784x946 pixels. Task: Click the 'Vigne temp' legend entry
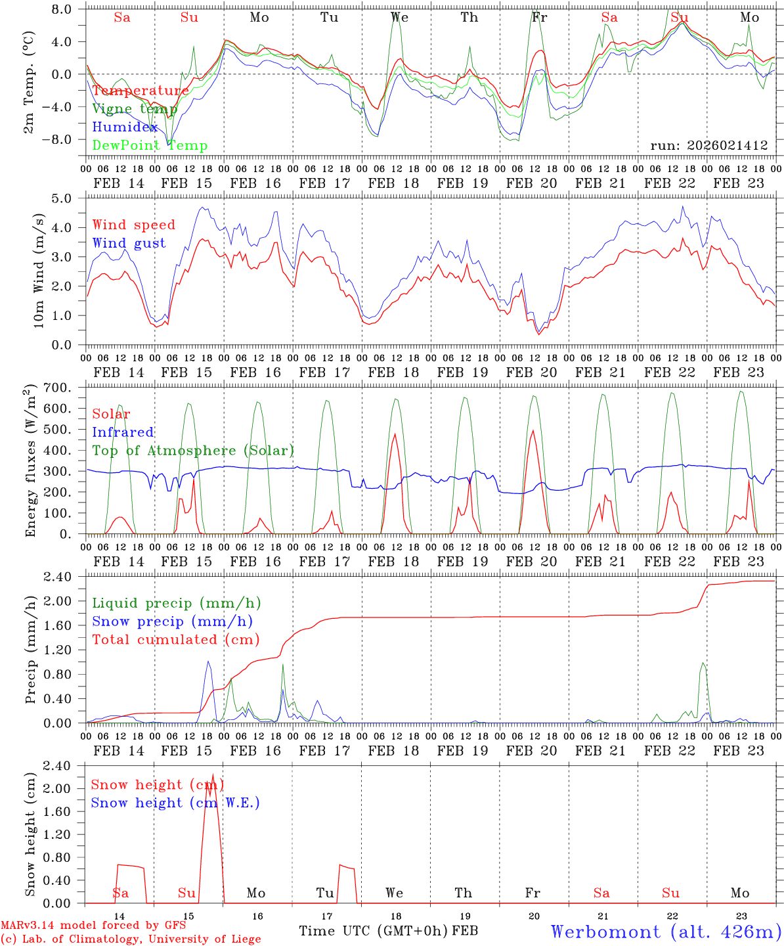click(135, 109)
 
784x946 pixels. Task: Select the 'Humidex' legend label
click(125, 127)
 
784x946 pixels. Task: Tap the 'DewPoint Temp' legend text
click(150, 146)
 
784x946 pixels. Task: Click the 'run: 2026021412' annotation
click(708, 145)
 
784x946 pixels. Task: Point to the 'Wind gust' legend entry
click(129, 243)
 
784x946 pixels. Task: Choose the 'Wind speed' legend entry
click(134, 225)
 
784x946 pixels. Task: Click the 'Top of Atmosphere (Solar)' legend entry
click(193, 451)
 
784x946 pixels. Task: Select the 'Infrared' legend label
click(123, 432)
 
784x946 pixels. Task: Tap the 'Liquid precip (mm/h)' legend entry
click(177, 603)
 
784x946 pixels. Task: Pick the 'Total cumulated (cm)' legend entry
click(176, 639)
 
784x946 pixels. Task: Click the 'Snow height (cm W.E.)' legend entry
click(175, 803)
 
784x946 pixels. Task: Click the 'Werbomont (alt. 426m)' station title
click(666, 932)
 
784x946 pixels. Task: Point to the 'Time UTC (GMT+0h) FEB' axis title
click(388, 931)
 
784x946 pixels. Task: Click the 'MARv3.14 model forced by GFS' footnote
click(93, 926)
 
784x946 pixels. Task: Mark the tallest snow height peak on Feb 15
click(212, 775)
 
